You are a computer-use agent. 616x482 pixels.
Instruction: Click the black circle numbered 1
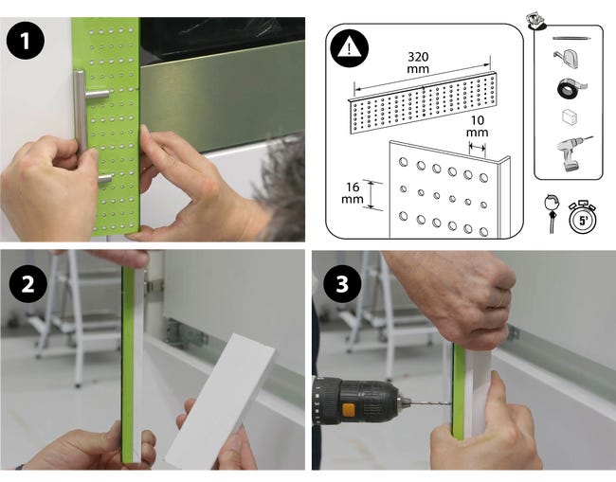[x=26, y=42]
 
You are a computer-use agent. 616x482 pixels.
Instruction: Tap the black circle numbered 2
[x=27, y=284]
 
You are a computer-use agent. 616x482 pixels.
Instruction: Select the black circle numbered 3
[x=342, y=283]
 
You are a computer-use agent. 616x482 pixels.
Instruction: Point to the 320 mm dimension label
[x=418, y=62]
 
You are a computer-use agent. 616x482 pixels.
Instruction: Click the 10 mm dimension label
[x=478, y=126]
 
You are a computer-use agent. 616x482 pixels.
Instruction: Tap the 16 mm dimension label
[x=353, y=193]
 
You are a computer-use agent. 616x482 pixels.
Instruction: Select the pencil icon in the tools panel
[x=572, y=39]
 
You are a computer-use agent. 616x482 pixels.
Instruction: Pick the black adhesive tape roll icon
[x=571, y=89]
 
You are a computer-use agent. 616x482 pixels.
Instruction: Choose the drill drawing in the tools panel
[x=572, y=153]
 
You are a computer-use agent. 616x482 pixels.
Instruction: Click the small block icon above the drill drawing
[x=570, y=117]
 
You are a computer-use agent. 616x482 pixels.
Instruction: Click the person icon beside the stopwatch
[x=553, y=213]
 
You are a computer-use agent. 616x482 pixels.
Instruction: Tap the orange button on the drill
[x=348, y=411]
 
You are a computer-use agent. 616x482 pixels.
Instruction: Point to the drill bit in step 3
[x=430, y=402]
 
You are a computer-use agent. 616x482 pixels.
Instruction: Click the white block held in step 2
[x=220, y=401]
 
